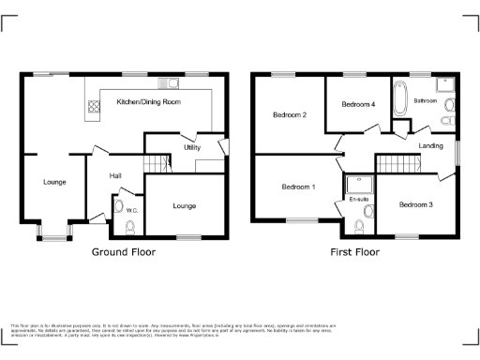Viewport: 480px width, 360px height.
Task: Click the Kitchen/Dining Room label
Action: point(147,101)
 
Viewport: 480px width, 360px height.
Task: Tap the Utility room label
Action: point(192,147)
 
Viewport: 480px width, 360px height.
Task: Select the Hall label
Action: point(115,175)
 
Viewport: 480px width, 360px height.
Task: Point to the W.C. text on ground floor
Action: point(132,210)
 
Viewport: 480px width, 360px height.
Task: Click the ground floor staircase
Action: point(158,165)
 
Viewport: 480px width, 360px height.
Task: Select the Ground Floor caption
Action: point(124,252)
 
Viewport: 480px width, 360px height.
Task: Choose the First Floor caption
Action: point(354,252)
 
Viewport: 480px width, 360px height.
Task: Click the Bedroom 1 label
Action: point(299,187)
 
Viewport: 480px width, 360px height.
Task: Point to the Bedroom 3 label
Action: point(415,204)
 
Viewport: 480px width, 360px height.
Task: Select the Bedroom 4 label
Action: point(358,104)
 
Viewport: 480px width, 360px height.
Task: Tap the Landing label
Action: point(430,146)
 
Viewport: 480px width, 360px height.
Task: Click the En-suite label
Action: point(358,200)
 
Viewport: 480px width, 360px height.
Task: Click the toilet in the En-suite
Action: point(361,225)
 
